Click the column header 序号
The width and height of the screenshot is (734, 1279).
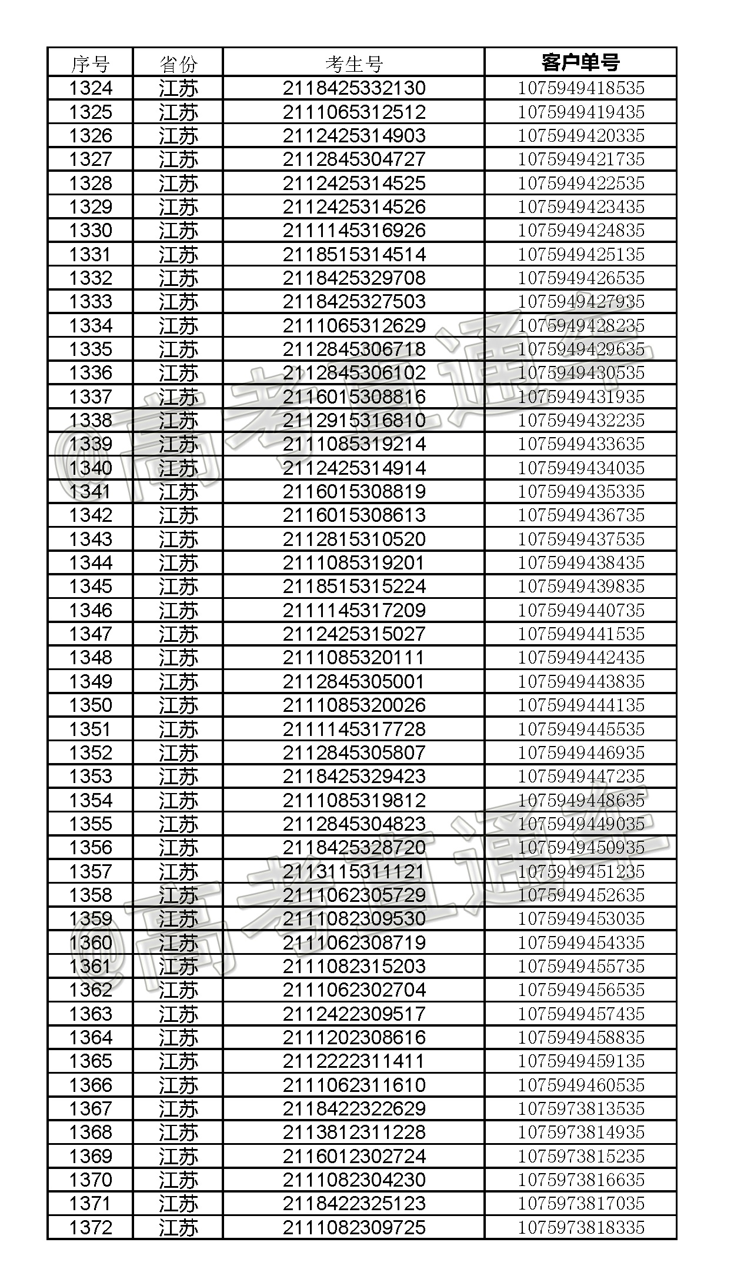pyautogui.click(x=90, y=63)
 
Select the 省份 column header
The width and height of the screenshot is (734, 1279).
pyautogui.click(x=178, y=63)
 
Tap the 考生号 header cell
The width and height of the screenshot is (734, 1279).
pyautogui.click(x=353, y=63)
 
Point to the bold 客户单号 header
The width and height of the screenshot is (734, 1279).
pyautogui.click(x=580, y=62)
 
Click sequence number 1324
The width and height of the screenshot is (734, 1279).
pyautogui.click(x=90, y=88)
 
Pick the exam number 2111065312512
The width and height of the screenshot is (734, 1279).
pyautogui.click(x=353, y=112)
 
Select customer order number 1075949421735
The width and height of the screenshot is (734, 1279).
pyautogui.click(x=580, y=159)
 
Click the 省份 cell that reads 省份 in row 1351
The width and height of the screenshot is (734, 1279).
pyautogui.click(x=178, y=729)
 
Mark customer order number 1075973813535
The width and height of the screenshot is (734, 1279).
pyautogui.click(x=580, y=1108)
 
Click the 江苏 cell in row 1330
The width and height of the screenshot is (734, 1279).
pyautogui.click(x=178, y=231)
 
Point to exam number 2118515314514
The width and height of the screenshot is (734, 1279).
pyautogui.click(x=353, y=254)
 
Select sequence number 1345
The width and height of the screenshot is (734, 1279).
pyautogui.click(x=90, y=587)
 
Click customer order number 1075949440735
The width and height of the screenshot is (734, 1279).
pyautogui.click(x=580, y=610)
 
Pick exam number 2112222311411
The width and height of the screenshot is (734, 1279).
pyautogui.click(x=353, y=1061)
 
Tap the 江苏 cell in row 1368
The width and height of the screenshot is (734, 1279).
pyautogui.click(x=178, y=1132)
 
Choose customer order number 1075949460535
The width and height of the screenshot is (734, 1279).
pyautogui.click(x=580, y=1085)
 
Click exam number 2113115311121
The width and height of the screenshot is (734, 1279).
pyautogui.click(x=353, y=871)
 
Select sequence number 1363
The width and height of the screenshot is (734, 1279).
pyautogui.click(x=90, y=1014)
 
